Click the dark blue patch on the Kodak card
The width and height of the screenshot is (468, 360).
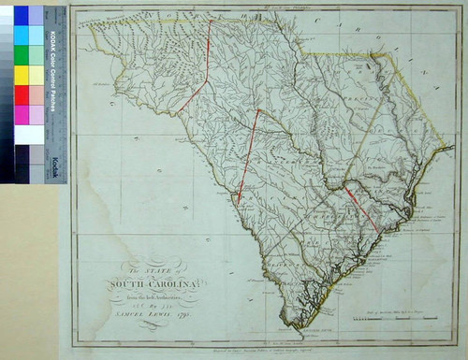[22, 15]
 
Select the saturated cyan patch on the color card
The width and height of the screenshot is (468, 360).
[22, 35]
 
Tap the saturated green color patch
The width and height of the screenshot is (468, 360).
[22, 54]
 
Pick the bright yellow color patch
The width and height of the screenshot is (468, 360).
[22, 75]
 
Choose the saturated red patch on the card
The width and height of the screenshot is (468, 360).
[22, 94]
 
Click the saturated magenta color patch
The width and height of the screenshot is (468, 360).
[22, 114]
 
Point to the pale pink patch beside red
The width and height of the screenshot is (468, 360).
[36, 94]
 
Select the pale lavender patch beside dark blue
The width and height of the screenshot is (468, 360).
[36, 15]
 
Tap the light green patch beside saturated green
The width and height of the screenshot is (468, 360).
[36, 54]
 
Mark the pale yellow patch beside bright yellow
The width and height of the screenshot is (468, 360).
[36, 75]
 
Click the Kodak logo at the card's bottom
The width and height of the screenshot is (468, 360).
[55, 166]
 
